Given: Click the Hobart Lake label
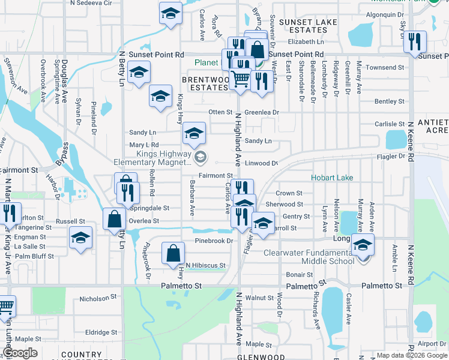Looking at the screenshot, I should [x=332, y=178].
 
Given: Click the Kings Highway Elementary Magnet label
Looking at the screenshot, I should [x=153, y=158].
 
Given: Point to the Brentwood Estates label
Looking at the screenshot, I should [x=206, y=83].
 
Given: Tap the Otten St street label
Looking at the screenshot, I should [x=220, y=112].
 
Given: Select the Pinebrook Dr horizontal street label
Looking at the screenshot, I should [x=214, y=241].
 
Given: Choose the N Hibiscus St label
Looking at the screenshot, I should [x=205, y=265].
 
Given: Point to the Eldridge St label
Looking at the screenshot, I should [x=101, y=332].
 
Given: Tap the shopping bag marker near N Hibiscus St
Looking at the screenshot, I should [x=173, y=253].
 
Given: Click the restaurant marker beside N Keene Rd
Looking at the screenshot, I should [x=414, y=41].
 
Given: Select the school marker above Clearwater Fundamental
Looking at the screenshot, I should [x=363, y=244].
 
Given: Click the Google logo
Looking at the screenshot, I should [x=20, y=353].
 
